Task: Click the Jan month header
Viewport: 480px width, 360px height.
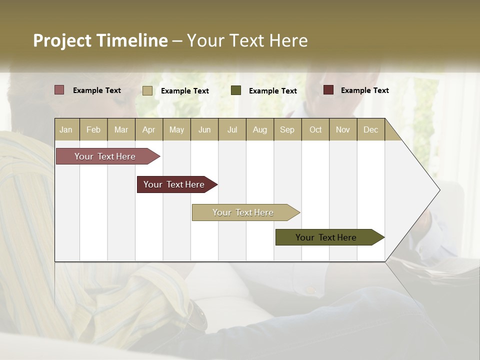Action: [x=66, y=129]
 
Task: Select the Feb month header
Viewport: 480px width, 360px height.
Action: [x=93, y=129]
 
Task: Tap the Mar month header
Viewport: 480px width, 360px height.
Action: [x=121, y=129]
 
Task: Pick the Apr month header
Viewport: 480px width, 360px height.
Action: [x=149, y=129]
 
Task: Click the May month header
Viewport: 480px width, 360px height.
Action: [x=176, y=129]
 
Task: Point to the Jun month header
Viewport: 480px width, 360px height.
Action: [x=204, y=129]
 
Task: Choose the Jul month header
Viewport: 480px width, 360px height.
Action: [x=232, y=129]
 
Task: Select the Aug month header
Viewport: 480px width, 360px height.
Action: [x=260, y=129]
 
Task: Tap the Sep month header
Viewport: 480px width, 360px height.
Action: [x=287, y=129]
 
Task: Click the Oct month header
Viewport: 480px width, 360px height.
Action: [x=315, y=129]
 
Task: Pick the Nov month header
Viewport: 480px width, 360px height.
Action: [x=343, y=129]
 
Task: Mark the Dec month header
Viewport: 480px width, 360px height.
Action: [x=371, y=129]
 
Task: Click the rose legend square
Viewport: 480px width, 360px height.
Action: [x=59, y=90]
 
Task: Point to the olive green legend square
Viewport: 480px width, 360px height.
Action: [x=236, y=90]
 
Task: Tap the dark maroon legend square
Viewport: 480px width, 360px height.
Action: [x=328, y=90]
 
